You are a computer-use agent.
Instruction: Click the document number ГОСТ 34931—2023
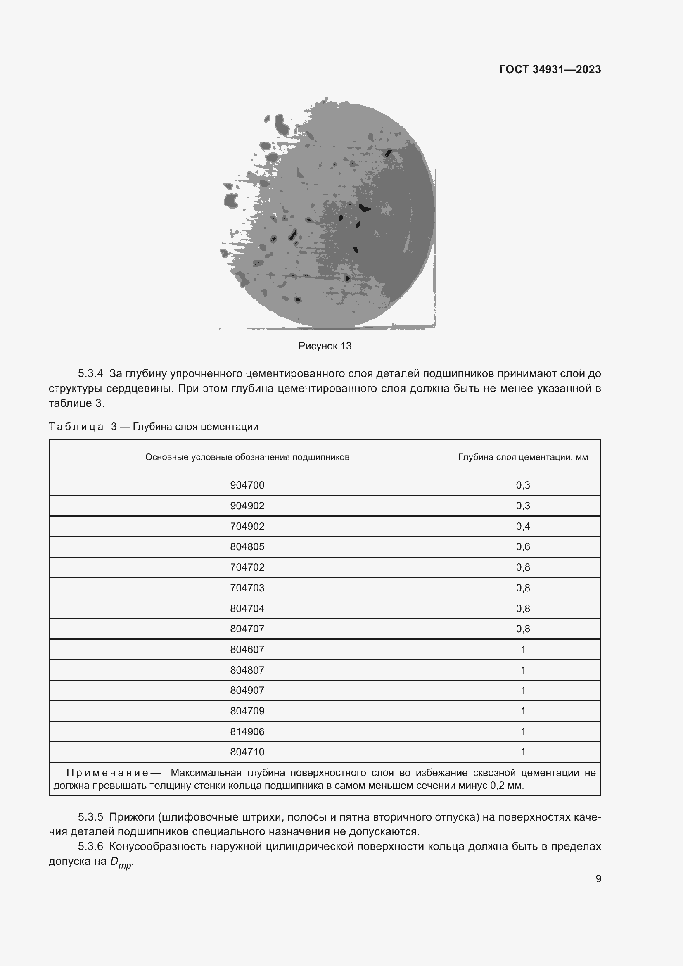550,69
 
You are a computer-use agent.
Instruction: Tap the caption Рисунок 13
325,346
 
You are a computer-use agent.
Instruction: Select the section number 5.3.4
90,373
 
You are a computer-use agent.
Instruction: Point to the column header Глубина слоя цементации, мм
523,457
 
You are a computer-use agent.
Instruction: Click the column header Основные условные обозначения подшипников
247,457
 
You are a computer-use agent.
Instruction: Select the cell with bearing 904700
247,485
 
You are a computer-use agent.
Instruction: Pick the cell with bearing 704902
247,526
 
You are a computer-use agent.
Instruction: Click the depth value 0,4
523,526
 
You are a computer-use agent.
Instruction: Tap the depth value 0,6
523,546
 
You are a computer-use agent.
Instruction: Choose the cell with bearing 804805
247,546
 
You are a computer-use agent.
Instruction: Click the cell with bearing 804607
247,649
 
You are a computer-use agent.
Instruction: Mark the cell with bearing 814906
247,732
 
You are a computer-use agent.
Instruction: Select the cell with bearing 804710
247,752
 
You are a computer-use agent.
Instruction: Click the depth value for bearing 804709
523,711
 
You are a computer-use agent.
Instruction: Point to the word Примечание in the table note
107,772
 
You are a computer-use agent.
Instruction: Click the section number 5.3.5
90,816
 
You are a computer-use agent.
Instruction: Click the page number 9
598,879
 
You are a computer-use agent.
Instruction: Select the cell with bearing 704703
247,588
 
